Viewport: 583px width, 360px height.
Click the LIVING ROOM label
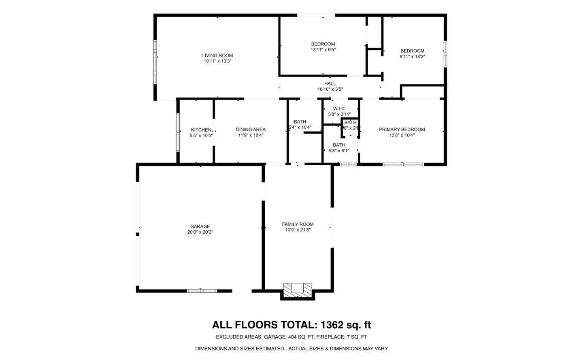tap(217, 55)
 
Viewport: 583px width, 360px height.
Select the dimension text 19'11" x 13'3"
tap(217, 61)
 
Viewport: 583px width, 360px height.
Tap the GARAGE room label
tap(200, 226)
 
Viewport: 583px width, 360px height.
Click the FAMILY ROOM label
tap(298, 224)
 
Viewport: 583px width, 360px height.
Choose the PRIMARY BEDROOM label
tap(402, 130)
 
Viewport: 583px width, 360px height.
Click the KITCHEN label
tap(201, 130)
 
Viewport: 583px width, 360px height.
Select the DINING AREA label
tap(251, 130)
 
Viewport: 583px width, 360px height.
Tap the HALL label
tap(330, 83)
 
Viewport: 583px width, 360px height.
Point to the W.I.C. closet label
tap(339, 109)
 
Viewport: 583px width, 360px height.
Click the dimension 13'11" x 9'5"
tap(323, 50)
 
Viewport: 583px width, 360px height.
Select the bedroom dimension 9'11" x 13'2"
tap(412, 57)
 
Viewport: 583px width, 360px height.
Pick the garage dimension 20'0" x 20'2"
tap(200, 232)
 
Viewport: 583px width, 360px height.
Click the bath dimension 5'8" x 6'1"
tap(339, 151)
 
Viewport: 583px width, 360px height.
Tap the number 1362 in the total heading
tap(332, 325)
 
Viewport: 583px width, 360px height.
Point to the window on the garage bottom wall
tap(202, 290)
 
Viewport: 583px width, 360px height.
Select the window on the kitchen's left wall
tap(178, 132)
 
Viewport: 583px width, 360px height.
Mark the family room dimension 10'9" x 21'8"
tap(298, 230)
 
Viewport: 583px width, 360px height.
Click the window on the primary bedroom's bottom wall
tap(403, 164)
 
